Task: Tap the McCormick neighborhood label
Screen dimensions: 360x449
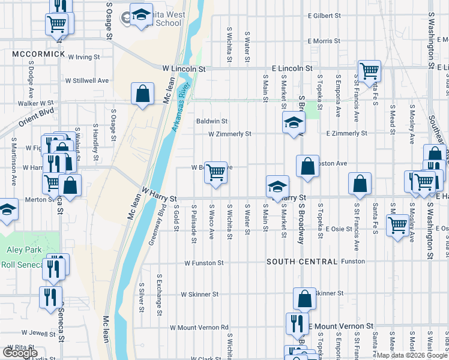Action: pos(38,54)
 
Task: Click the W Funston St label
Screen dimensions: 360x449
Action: pos(204,263)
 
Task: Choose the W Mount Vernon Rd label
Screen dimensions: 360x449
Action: pos(199,328)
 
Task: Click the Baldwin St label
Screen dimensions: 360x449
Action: pos(212,121)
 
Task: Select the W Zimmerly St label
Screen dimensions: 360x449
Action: pos(229,134)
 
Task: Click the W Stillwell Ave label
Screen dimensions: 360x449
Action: pos(87,80)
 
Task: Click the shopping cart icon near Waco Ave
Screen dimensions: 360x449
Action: pos(215,173)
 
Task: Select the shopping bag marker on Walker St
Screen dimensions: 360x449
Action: pos(142,94)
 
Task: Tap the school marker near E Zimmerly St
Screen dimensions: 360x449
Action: pos(294,123)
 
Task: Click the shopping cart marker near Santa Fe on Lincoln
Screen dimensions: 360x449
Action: pos(369,71)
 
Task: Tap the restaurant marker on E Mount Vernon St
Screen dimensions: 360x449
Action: pos(297,323)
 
